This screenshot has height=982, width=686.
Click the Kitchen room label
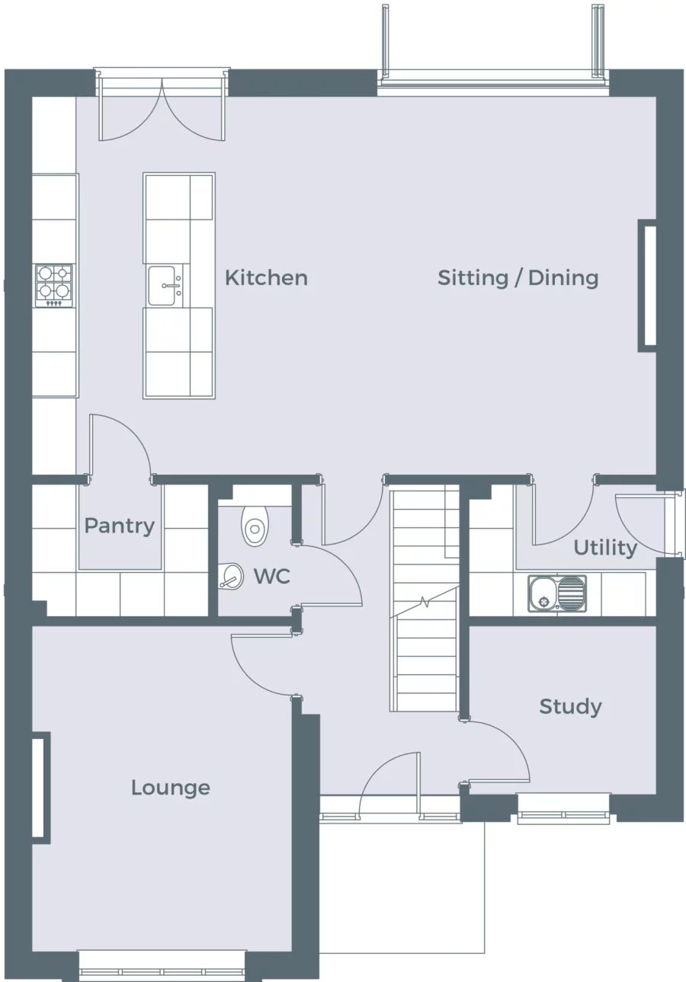click(x=266, y=277)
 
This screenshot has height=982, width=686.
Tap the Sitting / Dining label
click(x=518, y=277)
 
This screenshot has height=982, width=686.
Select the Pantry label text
click(x=119, y=525)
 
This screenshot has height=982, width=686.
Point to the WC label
click(x=271, y=576)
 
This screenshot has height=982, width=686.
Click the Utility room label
click(x=604, y=548)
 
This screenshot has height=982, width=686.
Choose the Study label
click(x=570, y=706)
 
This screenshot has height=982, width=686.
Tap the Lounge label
click(x=170, y=787)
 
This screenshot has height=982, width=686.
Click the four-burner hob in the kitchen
click(x=53, y=286)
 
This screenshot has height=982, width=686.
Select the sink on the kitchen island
click(x=165, y=286)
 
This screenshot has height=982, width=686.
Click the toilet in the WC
click(x=255, y=525)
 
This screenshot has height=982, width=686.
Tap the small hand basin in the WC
click(x=232, y=577)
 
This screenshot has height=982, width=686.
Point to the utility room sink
click(x=557, y=593)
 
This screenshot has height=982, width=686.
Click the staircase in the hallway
click(x=425, y=602)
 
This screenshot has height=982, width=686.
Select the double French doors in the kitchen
click(x=162, y=110)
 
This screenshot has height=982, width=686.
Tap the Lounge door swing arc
click(x=259, y=667)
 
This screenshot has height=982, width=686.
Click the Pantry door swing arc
click(x=122, y=446)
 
